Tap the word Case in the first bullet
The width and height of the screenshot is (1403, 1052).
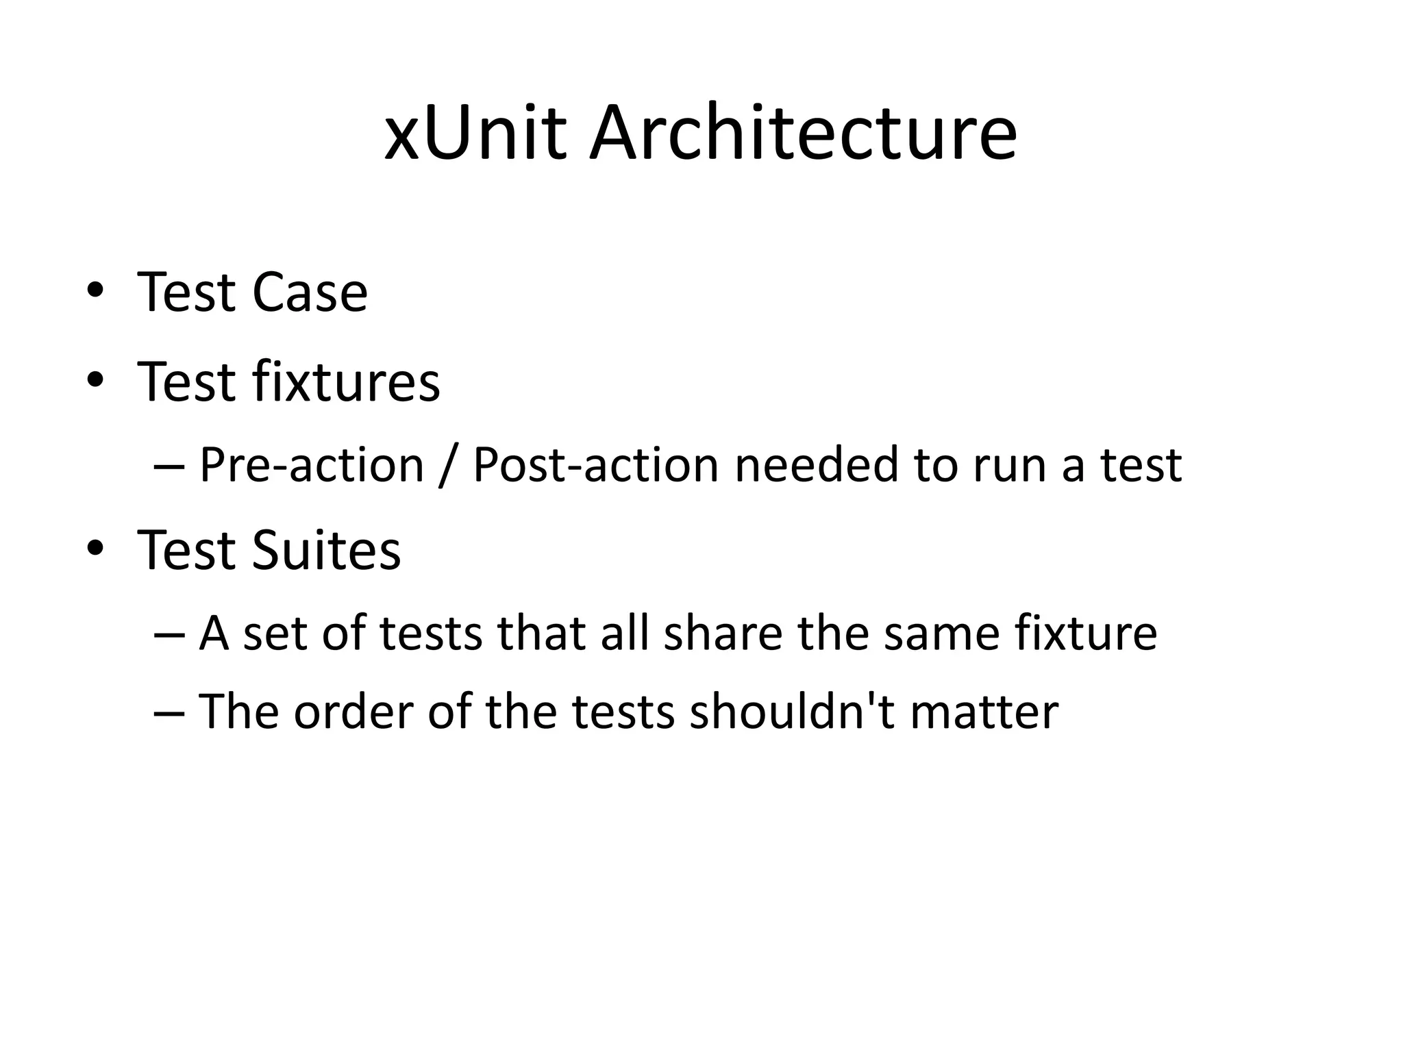(x=310, y=292)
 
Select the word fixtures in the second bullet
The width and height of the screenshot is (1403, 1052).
(x=346, y=381)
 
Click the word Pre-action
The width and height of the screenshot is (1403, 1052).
(x=312, y=466)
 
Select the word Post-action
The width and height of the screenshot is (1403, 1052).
(x=594, y=466)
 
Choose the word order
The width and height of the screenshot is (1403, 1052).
(x=353, y=712)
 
